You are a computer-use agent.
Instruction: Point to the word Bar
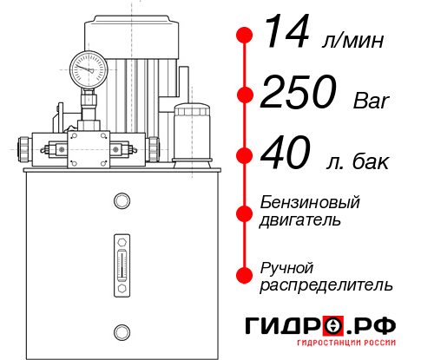[369, 101]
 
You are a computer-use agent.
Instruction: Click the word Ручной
[287, 266]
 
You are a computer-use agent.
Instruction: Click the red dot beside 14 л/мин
[246, 36]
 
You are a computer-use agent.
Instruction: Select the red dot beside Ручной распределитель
[246, 275]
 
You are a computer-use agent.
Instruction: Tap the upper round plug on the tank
[121, 202]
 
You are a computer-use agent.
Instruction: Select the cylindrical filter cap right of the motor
[191, 133]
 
